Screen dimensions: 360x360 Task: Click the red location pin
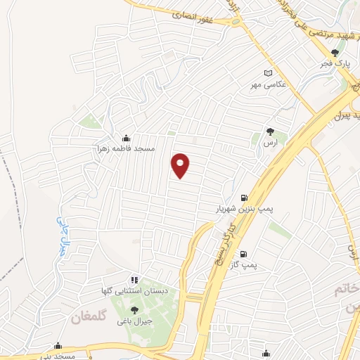coord(181,165)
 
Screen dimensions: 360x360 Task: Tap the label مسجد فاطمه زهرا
coord(126,150)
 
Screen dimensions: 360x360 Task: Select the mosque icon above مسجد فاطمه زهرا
coord(126,138)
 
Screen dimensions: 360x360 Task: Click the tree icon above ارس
coord(269,131)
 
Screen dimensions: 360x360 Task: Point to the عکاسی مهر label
coord(267,85)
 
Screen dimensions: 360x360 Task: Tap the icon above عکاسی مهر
coord(267,73)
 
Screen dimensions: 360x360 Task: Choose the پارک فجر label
coord(335,64)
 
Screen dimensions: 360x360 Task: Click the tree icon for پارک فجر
coord(335,52)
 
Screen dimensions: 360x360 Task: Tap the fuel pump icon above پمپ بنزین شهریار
coord(243,198)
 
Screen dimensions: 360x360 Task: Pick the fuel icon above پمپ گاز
coord(243,254)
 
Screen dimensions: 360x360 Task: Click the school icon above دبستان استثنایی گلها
coord(134,279)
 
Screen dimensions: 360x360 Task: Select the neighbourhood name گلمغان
coord(89,319)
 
